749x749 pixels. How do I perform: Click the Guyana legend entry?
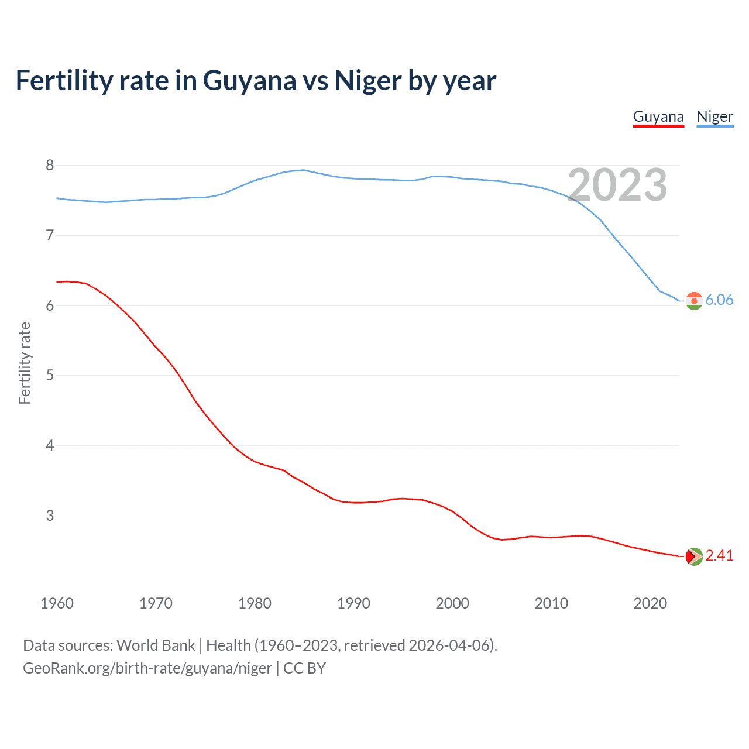[658, 116]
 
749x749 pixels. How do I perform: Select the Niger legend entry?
[714, 116]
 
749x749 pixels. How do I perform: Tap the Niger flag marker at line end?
[694, 301]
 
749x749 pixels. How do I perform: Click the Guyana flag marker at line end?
[694, 556]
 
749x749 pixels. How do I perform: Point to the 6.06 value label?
[719, 300]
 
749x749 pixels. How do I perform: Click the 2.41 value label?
[719, 556]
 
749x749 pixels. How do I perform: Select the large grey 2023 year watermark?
[617, 185]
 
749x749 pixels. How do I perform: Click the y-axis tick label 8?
[50, 166]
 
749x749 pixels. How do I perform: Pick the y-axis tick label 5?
[50, 376]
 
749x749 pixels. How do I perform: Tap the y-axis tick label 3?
[50, 516]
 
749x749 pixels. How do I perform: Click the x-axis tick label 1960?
[57, 603]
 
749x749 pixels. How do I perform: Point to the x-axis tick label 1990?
[353, 603]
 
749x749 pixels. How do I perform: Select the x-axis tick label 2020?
[650, 603]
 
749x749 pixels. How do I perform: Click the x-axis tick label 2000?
[452, 603]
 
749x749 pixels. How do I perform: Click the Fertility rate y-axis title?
[25, 363]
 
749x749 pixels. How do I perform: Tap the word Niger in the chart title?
[368, 81]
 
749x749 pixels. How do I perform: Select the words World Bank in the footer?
[156, 645]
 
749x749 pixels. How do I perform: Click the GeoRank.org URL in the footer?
[147, 668]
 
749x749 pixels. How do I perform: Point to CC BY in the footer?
[304, 668]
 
